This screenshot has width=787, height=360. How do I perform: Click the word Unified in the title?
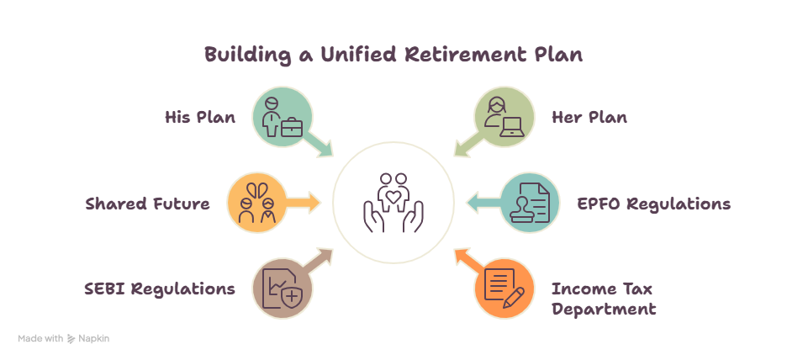click(359, 54)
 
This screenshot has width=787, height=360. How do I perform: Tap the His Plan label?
click(200, 117)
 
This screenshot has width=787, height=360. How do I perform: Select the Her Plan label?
click(589, 117)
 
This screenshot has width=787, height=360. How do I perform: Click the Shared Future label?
click(147, 204)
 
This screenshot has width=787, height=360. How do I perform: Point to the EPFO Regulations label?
click(653, 204)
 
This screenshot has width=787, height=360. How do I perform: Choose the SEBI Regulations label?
click(160, 289)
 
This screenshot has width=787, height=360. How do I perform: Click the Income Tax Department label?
click(604, 299)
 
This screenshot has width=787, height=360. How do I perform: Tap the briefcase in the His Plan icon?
click(292, 127)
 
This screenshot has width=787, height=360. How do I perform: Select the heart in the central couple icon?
click(393, 196)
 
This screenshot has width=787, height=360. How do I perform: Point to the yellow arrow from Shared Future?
click(304, 203)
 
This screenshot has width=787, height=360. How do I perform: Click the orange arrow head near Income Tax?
click(462, 255)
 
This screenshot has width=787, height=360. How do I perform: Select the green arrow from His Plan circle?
click(320, 145)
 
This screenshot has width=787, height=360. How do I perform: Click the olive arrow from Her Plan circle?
click(468, 145)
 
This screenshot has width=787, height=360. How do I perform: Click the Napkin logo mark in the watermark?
click(71, 339)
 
